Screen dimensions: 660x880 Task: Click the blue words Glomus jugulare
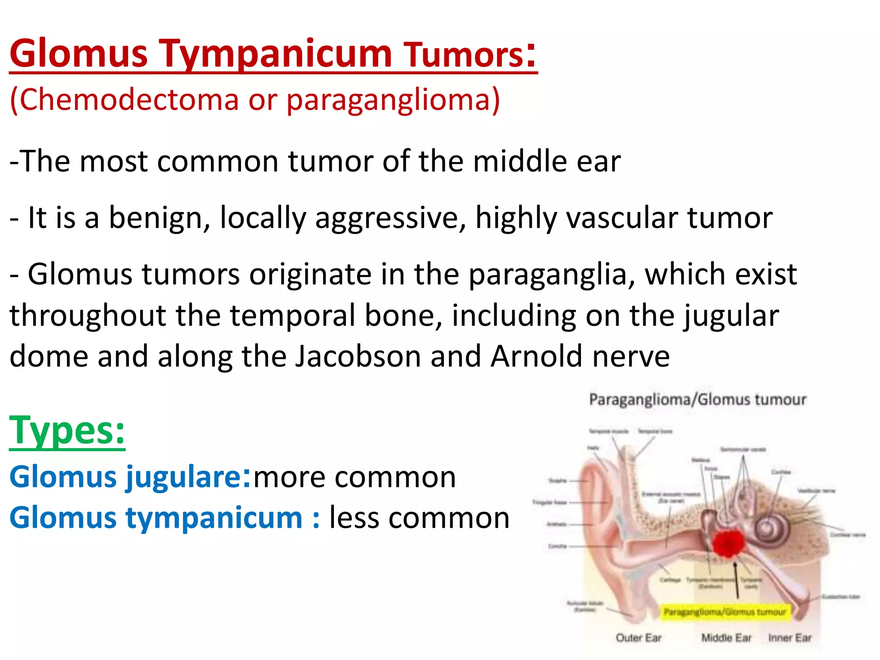point(125,477)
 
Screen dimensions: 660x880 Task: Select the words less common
point(419,517)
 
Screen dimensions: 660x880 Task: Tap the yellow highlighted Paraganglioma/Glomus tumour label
point(724,611)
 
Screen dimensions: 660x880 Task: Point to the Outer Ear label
point(639,638)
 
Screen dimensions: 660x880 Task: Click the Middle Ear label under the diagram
point(726,638)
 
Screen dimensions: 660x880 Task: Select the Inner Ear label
point(790,638)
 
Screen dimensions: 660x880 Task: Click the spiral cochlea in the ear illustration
point(772,529)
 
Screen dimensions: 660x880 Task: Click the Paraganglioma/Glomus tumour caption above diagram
point(697,400)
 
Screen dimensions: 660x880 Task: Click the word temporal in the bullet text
point(292,315)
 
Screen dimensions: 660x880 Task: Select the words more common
point(355,477)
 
